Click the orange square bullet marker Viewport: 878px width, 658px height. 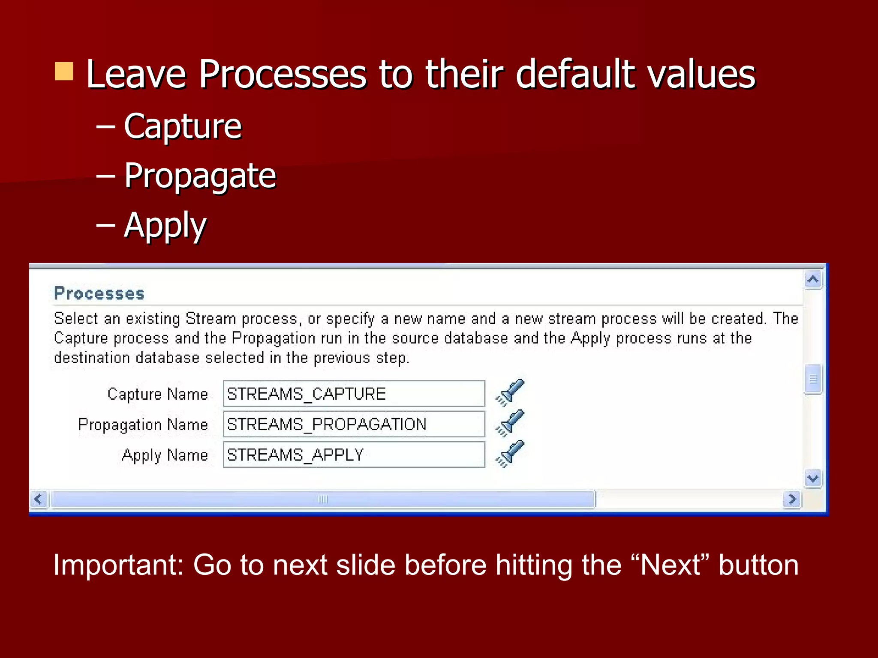tap(64, 72)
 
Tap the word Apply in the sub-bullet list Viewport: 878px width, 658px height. tap(165, 225)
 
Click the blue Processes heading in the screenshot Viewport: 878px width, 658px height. tap(99, 293)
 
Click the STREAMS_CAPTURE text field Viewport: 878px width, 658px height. tap(354, 394)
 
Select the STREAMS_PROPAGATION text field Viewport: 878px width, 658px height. tap(354, 424)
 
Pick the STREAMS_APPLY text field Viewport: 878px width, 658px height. tap(354, 455)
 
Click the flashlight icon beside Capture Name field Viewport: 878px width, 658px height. tap(510, 392)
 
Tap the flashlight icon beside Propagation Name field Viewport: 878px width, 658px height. tap(510, 423)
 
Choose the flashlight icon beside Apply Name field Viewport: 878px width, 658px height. tap(510, 454)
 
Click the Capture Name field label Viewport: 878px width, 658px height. tap(157, 394)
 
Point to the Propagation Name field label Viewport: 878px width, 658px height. tap(143, 425)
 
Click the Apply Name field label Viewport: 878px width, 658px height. tap(165, 455)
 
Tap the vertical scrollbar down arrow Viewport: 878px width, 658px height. tap(813, 478)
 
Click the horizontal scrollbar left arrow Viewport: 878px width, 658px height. tap(39, 499)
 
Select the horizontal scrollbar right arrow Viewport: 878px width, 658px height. tap(792, 499)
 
